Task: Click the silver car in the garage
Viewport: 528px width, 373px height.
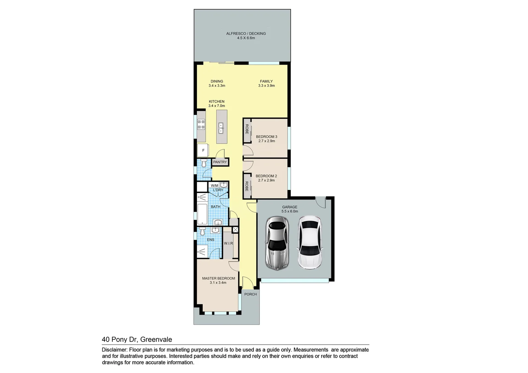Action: (276, 243)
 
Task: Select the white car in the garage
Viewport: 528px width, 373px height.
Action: (310, 242)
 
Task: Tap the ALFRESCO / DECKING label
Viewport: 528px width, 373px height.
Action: (246, 34)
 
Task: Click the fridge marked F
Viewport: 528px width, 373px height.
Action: (203, 151)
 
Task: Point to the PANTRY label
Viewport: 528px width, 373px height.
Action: (220, 162)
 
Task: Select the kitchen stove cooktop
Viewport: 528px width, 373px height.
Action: (201, 124)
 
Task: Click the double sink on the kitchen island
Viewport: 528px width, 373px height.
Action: (220, 128)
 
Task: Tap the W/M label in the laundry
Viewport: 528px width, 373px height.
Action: (214, 186)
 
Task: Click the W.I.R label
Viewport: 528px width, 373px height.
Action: (228, 243)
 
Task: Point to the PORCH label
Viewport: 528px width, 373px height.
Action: (251, 294)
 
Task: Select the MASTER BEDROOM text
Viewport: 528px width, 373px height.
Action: (218, 278)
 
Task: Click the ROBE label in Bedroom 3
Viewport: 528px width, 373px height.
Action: (247, 129)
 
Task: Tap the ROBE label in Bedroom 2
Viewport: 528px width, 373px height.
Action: (247, 186)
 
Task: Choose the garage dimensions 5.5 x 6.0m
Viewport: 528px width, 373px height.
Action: (290, 211)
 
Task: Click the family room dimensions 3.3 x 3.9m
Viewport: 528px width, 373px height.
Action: (266, 86)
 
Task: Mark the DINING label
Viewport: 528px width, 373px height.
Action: (217, 82)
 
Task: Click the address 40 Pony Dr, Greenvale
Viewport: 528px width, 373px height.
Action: (137, 339)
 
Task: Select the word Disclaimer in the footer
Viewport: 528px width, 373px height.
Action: (114, 350)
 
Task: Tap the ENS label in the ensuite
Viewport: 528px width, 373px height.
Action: (210, 240)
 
